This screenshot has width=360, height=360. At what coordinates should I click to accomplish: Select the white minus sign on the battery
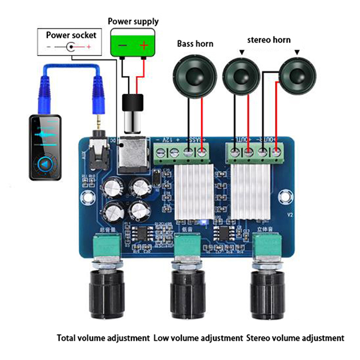(122, 46)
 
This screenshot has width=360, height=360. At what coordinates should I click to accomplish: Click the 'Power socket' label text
(71, 35)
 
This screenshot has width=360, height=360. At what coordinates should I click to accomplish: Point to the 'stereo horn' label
(269, 40)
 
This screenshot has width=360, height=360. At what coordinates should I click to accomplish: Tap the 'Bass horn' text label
(195, 44)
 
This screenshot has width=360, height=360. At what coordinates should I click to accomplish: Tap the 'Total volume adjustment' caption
(103, 337)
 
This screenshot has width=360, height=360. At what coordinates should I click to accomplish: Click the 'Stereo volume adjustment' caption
(295, 337)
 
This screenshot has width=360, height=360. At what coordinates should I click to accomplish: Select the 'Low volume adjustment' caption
(198, 337)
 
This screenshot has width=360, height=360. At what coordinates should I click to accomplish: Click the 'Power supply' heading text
(133, 21)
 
